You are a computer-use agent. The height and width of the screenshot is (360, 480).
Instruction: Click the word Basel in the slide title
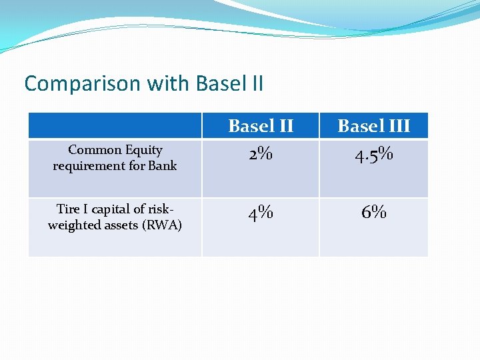[221, 84]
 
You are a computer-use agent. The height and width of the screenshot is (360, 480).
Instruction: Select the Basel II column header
[261, 125]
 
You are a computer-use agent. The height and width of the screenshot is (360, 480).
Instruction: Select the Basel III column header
[373, 125]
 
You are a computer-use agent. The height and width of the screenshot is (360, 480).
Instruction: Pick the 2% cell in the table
[261, 154]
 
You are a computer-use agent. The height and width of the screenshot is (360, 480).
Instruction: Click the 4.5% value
[373, 155]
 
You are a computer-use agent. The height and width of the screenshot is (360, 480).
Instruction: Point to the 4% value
[261, 214]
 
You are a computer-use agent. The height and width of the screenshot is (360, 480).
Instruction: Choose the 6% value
[373, 213]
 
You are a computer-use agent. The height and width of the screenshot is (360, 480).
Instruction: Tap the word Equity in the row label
[144, 151]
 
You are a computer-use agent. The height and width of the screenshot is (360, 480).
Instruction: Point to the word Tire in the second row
[69, 209]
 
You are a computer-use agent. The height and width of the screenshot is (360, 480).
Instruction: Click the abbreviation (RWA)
[162, 225]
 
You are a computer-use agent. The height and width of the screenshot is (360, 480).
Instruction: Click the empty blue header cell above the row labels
[115, 125]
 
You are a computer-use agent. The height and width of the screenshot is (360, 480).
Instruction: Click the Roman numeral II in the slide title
[256, 84]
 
